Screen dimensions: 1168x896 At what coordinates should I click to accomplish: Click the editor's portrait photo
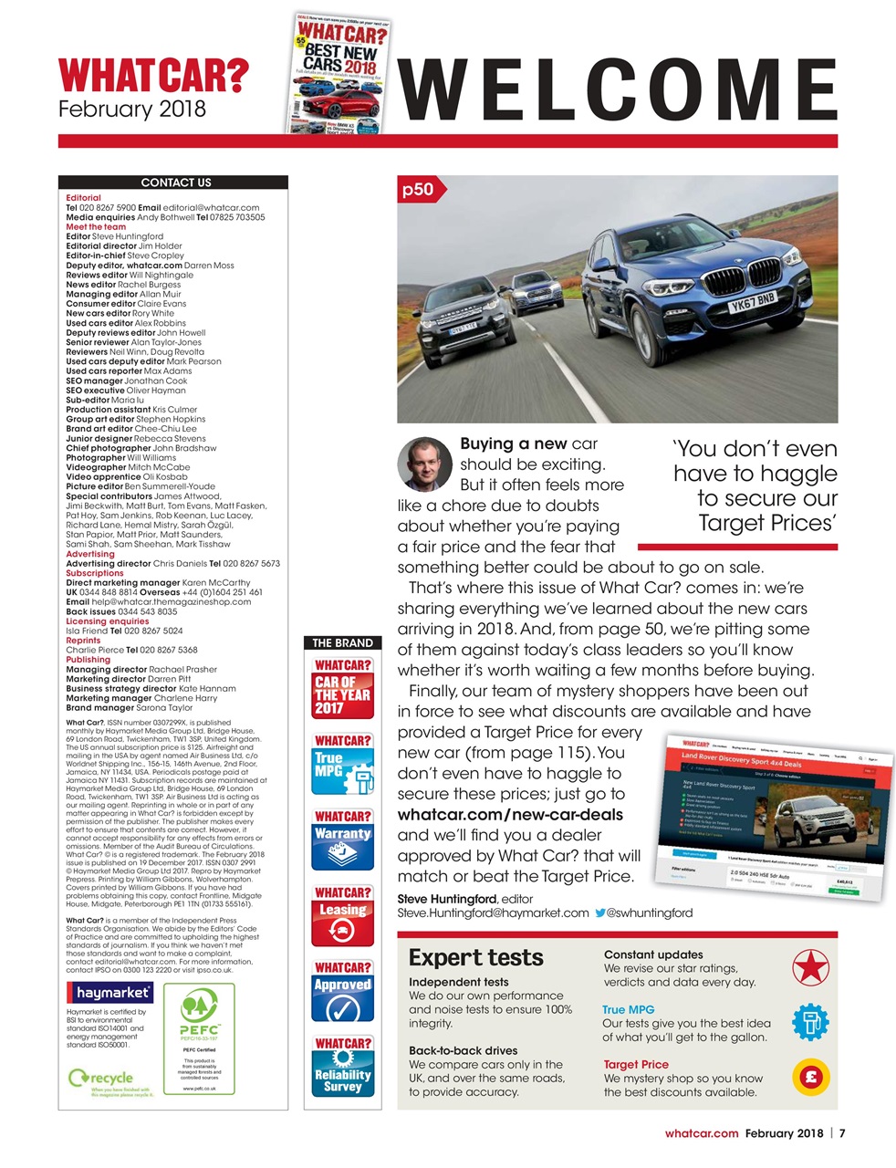click(425, 464)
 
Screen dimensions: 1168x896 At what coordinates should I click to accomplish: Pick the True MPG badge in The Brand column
click(342, 765)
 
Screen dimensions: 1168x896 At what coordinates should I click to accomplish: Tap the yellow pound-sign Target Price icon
click(809, 1077)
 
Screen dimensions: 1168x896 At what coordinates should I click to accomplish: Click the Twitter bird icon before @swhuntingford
click(600, 912)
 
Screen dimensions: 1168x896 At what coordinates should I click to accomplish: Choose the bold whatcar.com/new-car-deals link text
click(510, 815)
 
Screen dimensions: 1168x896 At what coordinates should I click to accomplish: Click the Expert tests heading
click(475, 957)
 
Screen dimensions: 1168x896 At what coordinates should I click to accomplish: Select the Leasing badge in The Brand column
click(342, 916)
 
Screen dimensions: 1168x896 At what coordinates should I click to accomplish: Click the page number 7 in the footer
click(842, 1133)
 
